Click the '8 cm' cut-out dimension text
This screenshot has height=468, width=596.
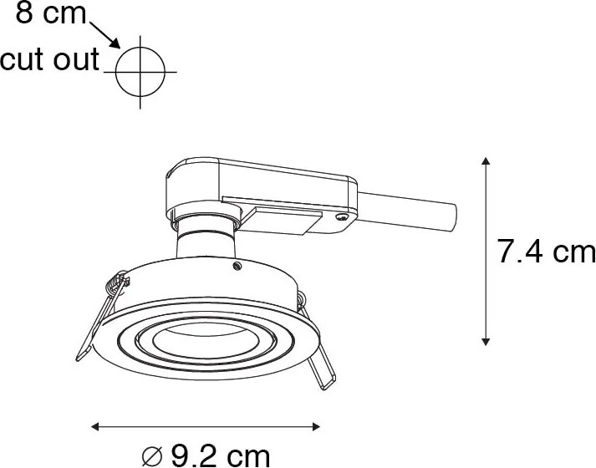coord(51,13)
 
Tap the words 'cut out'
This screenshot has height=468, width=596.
coord(49,59)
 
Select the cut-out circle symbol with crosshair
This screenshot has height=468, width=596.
coord(140,72)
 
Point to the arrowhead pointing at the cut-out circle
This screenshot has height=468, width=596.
coord(115,43)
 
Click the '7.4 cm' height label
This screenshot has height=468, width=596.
coord(546,251)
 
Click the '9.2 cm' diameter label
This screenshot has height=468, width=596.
coord(221,455)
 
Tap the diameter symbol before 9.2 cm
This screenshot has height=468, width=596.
coord(152,456)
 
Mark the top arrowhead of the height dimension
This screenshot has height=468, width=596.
coord(486,160)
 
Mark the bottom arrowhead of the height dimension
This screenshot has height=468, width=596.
coord(486,342)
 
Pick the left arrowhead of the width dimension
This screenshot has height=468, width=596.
coord(95,426)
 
